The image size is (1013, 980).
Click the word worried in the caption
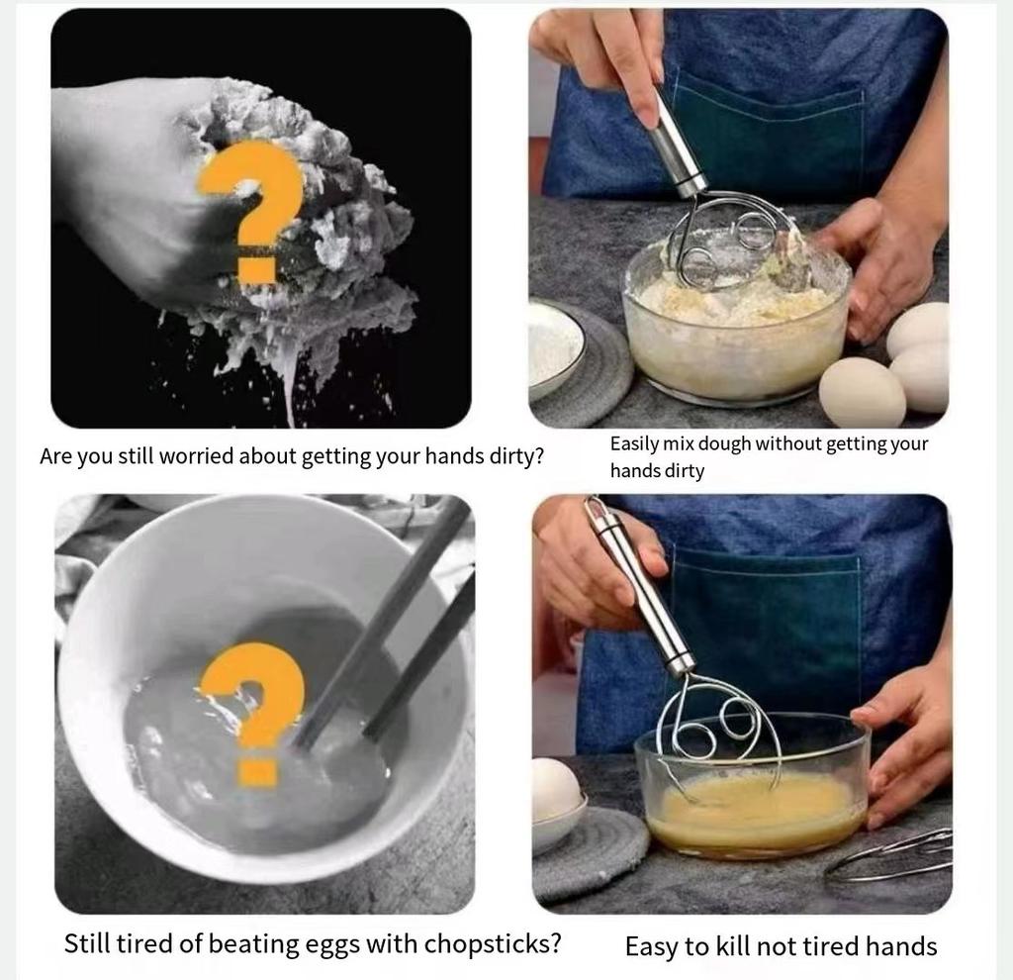tap(197, 456)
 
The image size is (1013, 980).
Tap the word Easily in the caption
tap(633, 444)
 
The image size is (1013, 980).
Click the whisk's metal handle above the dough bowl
tap(678, 144)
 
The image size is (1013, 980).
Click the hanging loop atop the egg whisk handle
tap(594, 509)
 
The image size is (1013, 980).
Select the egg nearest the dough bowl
tap(862, 392)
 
